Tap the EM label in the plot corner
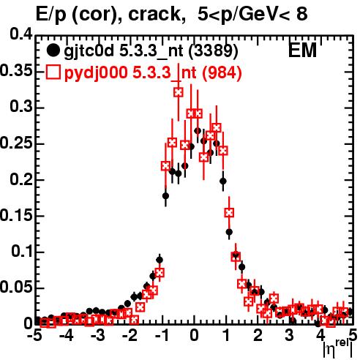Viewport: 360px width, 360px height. tap(302, 50)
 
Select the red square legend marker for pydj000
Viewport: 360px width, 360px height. tap(53, 72)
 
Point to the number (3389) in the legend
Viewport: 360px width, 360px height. tap(213, 50)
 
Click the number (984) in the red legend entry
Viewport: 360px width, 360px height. tap(222, 72)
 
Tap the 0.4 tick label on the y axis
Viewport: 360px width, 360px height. tap(21, 34)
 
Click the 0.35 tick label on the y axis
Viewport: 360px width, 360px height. tap(16, 70)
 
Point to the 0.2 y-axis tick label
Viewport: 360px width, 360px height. tap(21, 179)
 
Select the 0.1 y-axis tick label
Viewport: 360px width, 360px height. tap(22, 252)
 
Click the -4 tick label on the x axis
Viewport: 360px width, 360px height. tap(67, 336)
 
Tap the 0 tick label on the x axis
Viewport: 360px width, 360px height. tap(194, 336)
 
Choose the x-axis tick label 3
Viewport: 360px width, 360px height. tap(290, 336)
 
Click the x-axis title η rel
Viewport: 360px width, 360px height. tap(337, 349)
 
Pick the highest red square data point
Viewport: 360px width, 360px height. tap(179, 92)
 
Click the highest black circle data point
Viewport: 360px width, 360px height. tap(198, 131)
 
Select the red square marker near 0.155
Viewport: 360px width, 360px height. tap(229, 213)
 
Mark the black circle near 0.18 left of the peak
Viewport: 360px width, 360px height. tap(165, 196)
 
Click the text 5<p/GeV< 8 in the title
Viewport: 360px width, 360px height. tap(252, 14)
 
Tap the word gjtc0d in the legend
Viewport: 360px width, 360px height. tap(89, 51)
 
